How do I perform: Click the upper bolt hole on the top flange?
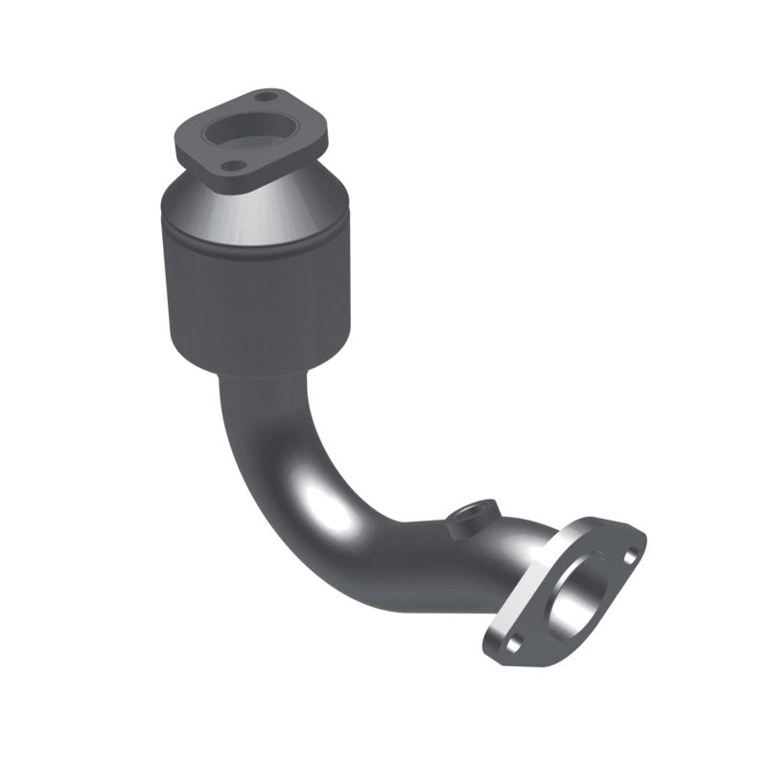269,96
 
